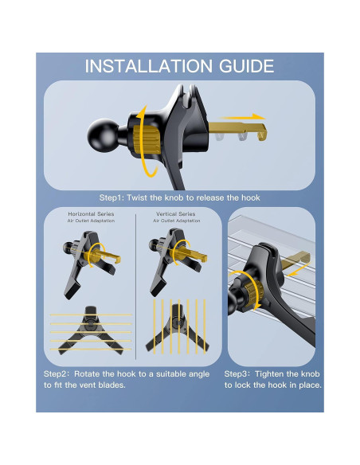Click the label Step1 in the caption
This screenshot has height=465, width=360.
[x=114, y=197]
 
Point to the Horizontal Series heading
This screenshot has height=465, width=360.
[x=91, y=215]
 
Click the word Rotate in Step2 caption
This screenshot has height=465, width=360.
[x=94, y=373]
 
